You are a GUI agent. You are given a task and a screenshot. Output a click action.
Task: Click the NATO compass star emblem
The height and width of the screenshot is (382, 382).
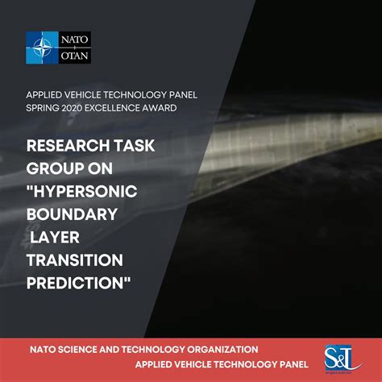(41, 48)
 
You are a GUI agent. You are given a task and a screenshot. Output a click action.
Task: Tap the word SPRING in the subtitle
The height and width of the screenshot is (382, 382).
(44, 108)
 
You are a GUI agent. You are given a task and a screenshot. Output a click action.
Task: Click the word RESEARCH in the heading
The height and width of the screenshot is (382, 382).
(64, 147)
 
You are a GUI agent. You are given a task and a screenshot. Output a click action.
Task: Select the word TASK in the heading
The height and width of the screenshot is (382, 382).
(131, 147)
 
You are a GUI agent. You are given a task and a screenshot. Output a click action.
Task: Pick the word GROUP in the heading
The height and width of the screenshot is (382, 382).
(52, 169)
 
